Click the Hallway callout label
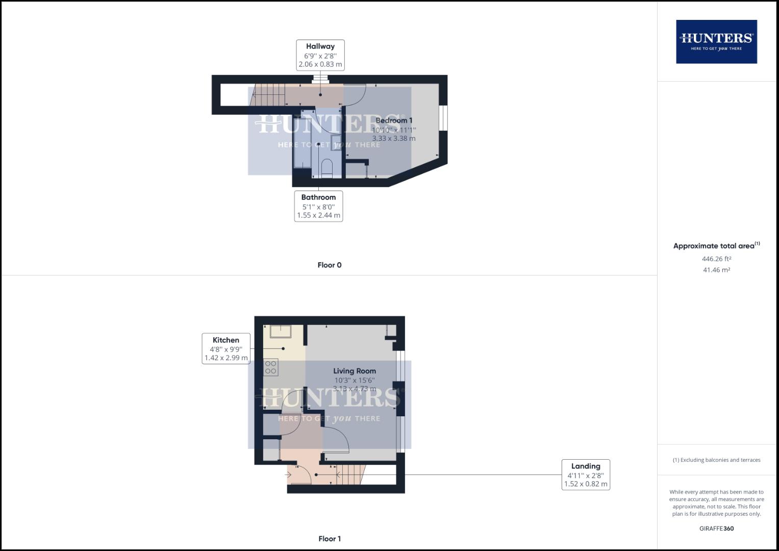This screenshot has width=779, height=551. pos(320,55)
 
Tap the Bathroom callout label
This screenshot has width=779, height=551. pos(318,206)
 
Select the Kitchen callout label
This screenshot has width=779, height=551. pos(226,348)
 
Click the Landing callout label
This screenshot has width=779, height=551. pos(586,474)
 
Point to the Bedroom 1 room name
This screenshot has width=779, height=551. pos(393,120)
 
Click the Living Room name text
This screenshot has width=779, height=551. pos(355,371)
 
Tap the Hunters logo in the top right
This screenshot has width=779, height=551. pos(716,41)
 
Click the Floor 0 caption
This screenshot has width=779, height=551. pos(329,265)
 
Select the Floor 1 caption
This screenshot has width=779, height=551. pos(329,539)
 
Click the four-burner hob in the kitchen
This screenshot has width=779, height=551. pos(271,367)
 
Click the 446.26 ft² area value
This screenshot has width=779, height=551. pos(716,259)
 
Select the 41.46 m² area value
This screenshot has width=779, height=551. pos(716,270)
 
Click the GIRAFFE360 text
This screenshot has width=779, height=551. pos(716,529)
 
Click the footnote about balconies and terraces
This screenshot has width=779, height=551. pos(716,460)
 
